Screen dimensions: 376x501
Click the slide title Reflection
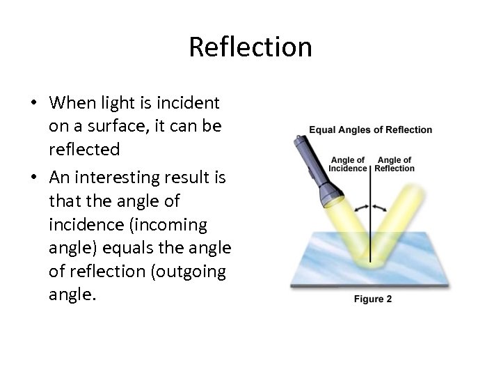pyautogui.click(x=250, y=47)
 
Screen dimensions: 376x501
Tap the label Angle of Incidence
pyautogui.click(x=347, y=164)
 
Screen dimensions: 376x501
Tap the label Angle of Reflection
pyautogui.click(x=395, y=164)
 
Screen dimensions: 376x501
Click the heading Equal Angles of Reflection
pyautogui.click(x=370, y=130)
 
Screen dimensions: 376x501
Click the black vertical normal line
pyautogui.click(x=370, y=223)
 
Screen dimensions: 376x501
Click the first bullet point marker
pyautogui.click(x=33, y=104)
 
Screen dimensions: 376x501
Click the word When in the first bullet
pyautogui.click(x=72, y=104)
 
